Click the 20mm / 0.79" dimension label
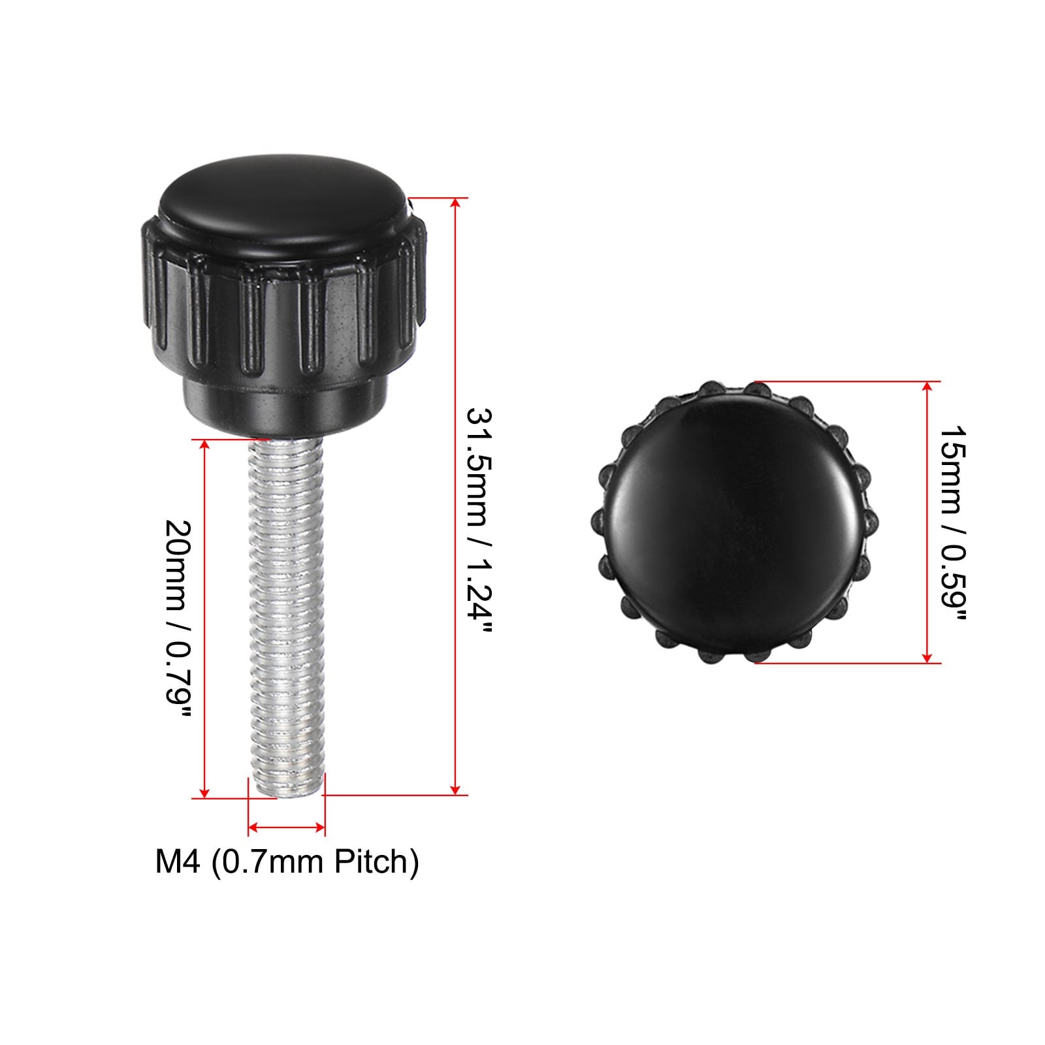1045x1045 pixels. click(178, 621)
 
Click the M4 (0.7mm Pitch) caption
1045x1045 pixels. click(287, 861)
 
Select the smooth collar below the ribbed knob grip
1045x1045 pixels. click(269, 408)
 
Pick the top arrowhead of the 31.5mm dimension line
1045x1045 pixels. click(456, 203)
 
